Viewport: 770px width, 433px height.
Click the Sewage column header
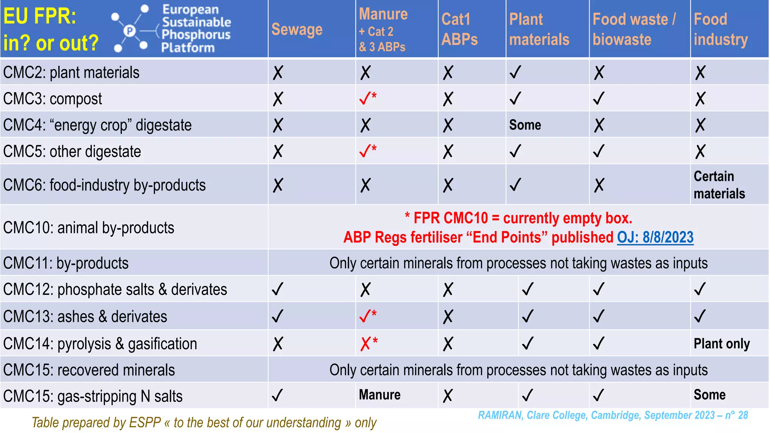coord(297,29)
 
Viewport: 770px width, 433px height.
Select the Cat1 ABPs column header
coord(459,29)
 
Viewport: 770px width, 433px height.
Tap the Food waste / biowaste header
coord(634,29)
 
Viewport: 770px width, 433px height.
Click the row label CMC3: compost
coord(53,99)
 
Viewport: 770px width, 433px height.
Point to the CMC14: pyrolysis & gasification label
coord(100,344)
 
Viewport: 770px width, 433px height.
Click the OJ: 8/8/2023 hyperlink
coord(655,237)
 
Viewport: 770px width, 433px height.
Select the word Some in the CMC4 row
coord(525,125)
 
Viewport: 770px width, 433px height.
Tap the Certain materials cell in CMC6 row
coord(719,185)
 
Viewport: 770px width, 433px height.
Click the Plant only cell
coord(721,344)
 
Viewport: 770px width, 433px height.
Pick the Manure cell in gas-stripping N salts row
coord(380,395)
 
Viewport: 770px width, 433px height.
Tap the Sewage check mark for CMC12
coord(277,289)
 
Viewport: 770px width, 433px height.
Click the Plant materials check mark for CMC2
coord(515,72)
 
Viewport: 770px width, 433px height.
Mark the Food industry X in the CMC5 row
coord(700,151)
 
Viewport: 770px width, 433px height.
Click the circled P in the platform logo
coord(129,31)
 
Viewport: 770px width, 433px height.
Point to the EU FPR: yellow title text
coord(39,17)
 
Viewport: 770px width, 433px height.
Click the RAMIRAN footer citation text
coord(612,415)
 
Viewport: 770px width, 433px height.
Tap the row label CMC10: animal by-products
coord(89,228)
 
